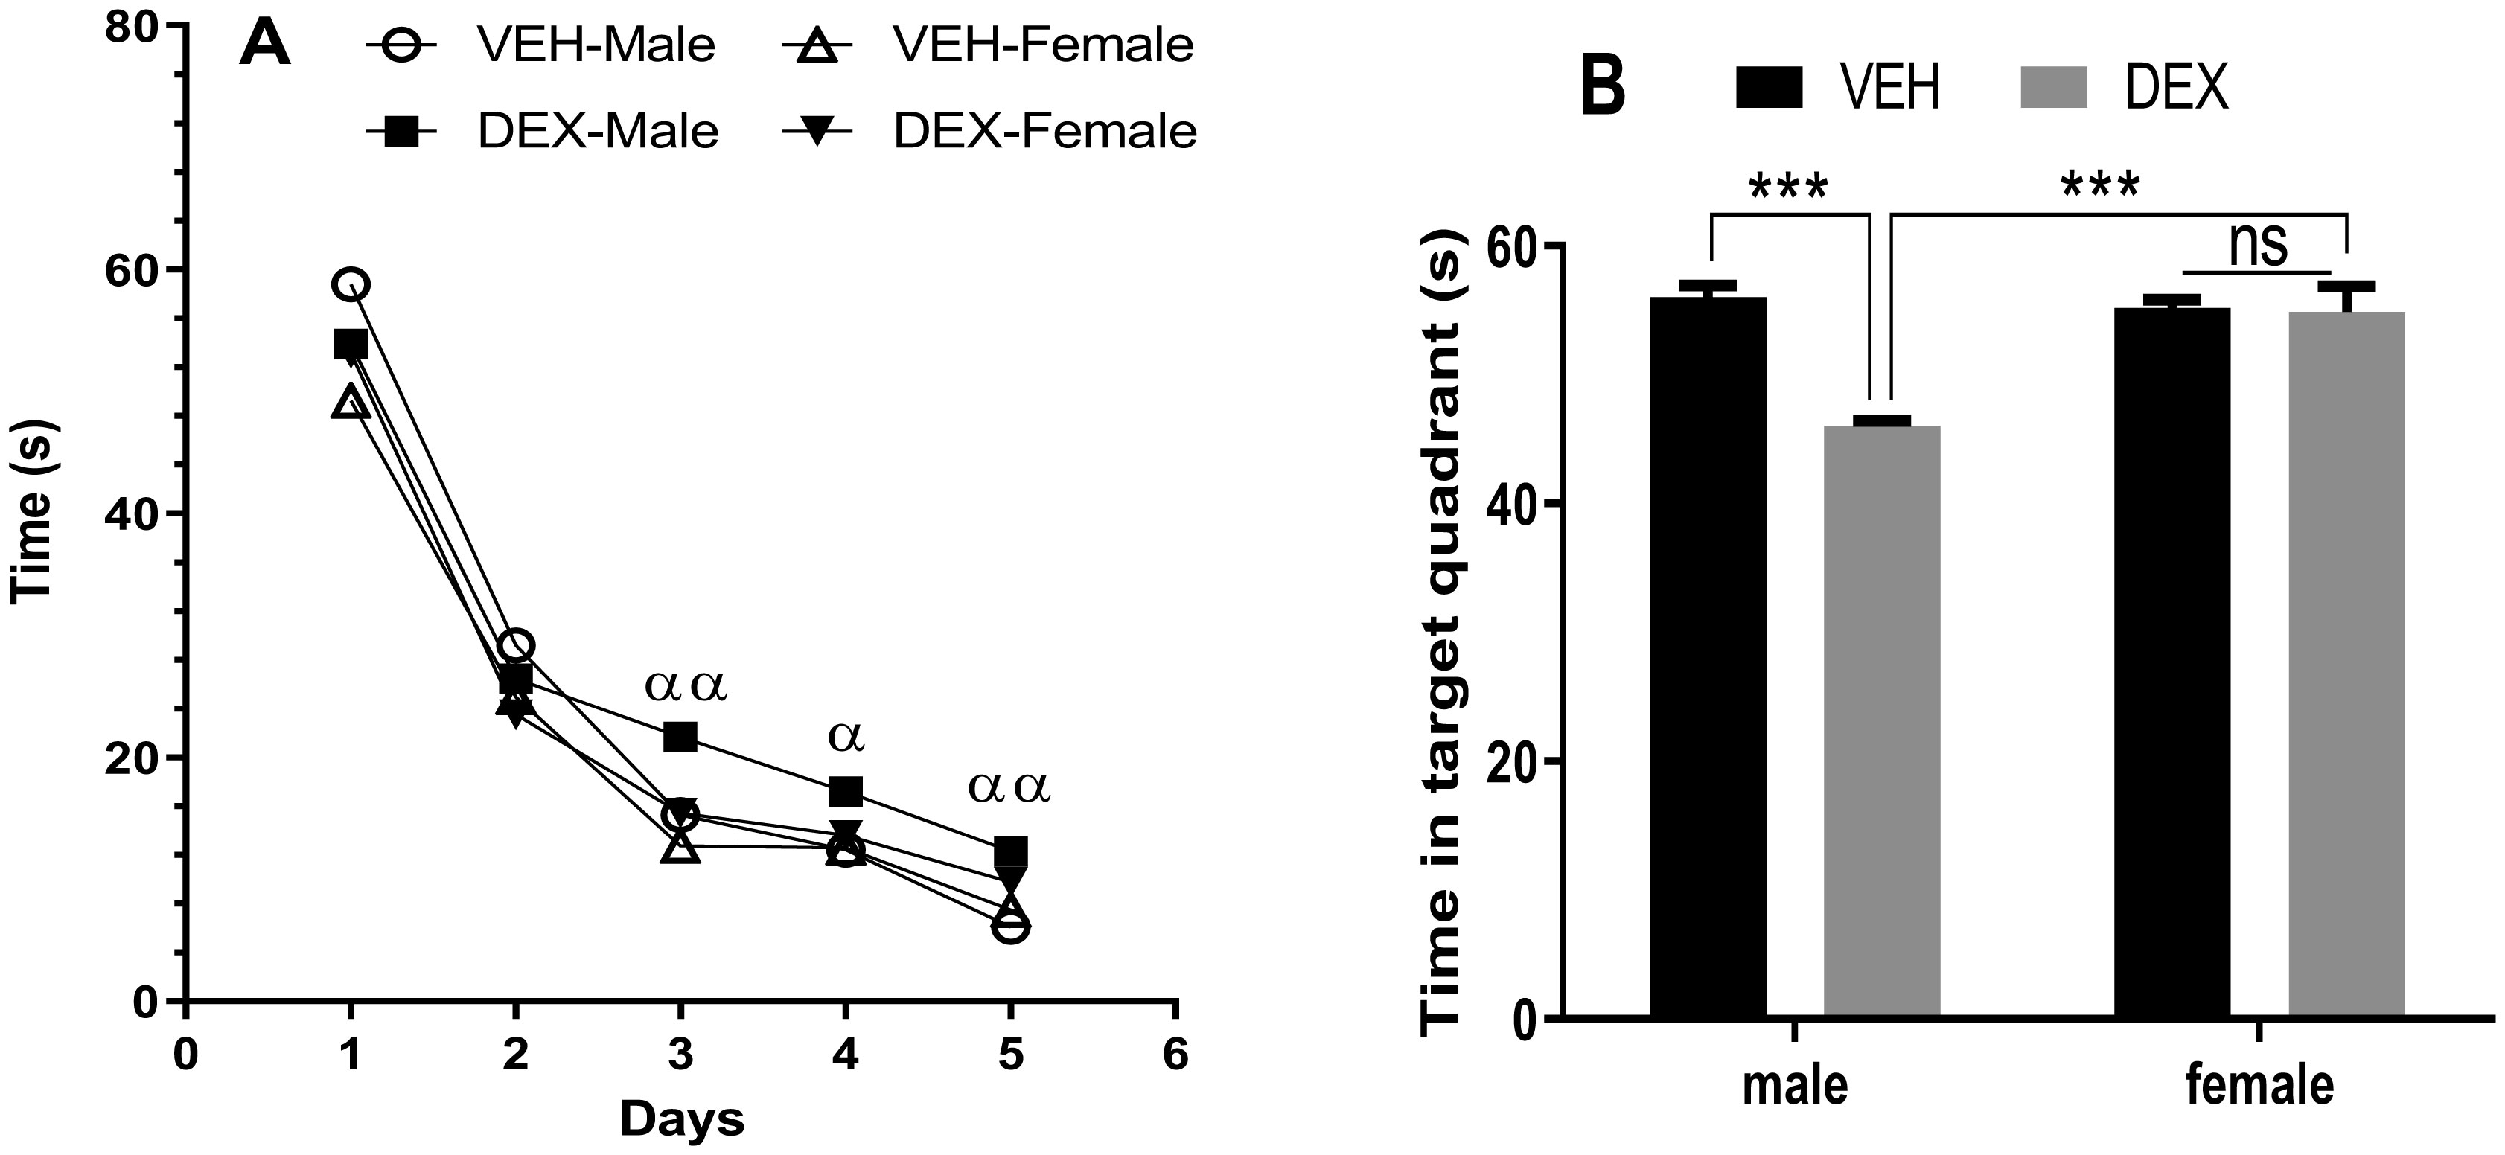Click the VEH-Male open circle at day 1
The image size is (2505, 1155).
351,284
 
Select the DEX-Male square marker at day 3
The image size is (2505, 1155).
680,737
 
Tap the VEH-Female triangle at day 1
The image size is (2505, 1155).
351,402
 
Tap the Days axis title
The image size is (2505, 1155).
682,1119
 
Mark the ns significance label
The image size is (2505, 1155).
2257,245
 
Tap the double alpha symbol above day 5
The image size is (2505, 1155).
1009,790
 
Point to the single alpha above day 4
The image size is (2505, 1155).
846,737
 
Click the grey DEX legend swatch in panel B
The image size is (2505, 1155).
2055,89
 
